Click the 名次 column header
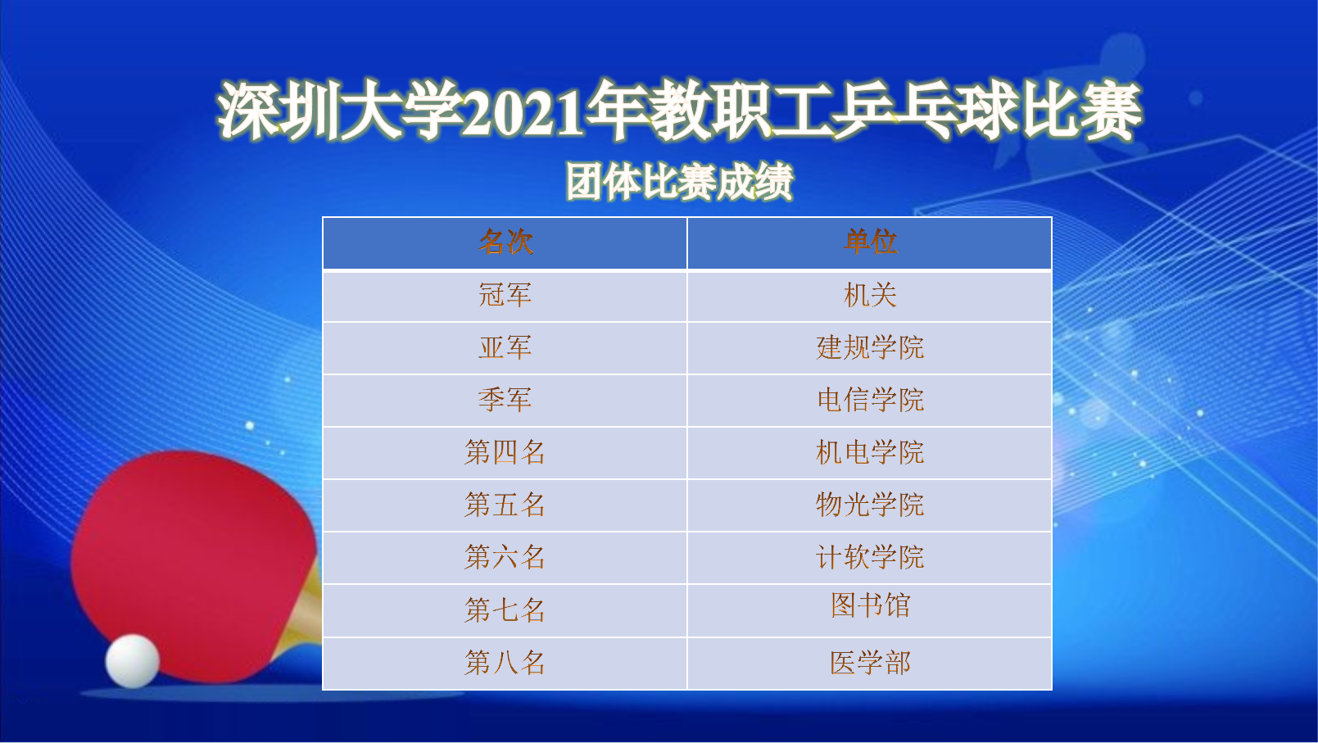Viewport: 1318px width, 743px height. click(x=505, y=243)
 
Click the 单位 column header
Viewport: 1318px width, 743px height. click(x=870, y=243)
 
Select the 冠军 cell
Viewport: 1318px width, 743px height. click(x=505, y=296)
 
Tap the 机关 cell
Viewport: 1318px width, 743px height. click(x=870, y=296)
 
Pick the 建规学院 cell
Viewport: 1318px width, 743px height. click(x=870, y=348)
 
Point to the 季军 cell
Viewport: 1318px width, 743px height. click(x=505, y=401)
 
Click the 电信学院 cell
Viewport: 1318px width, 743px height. click(x=870, y=401)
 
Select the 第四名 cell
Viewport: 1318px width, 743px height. click(x=505, y=453)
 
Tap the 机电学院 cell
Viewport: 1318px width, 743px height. click(x=870, y=453)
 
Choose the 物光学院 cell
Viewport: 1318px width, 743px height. click(x=870, y=505)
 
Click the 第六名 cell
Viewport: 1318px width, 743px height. click(x=505, y=558)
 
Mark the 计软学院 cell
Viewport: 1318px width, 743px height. click(x=870, y=558)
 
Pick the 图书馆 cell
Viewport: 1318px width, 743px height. click(x=870, y=610)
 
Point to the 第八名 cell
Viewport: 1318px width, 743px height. click(x=505, y=664)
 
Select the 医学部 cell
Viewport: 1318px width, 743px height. click(x=870, y=664)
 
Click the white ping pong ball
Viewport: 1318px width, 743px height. click(x=133, y=661)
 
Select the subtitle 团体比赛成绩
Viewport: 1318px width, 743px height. click(x=680, y=182)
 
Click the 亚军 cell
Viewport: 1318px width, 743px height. click(x=505, y=348)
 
